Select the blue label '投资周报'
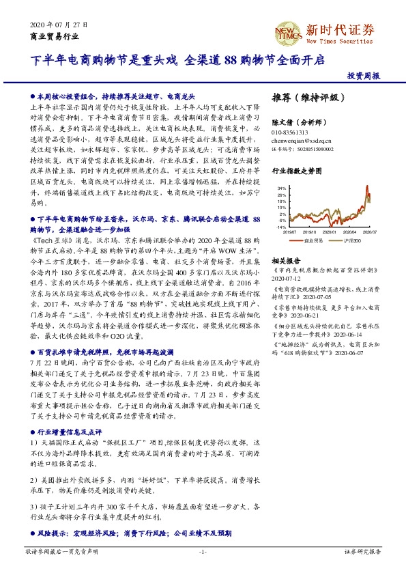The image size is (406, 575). (x=363, y=76)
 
